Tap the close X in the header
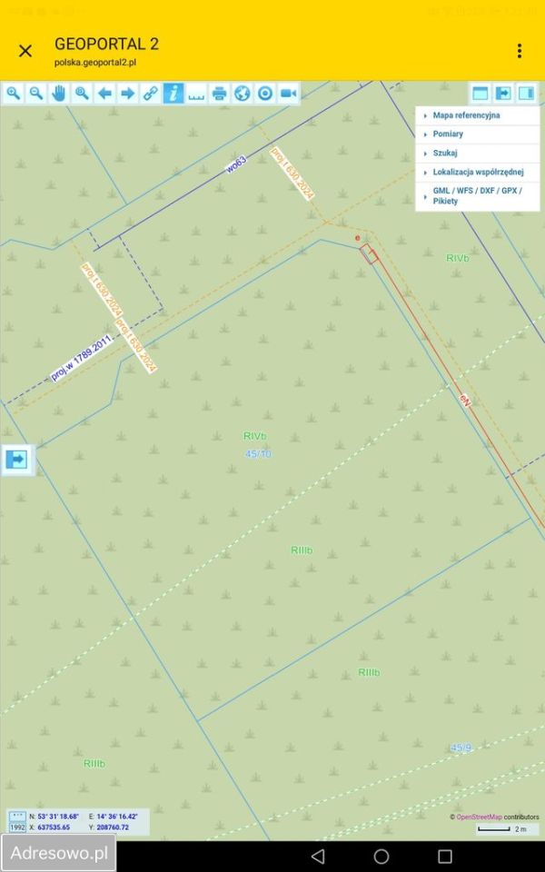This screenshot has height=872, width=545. (x=25, y=51)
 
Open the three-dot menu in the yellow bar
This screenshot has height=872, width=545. (x=520, y=51)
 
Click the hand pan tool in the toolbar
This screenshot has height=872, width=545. (x=59, y=93)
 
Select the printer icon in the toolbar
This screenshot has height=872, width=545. (x=219, y=93)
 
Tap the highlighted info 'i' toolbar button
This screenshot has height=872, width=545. (x=173, y=93)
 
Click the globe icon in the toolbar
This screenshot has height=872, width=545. (x=242, y=93)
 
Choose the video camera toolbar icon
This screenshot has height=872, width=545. (x=288, y=93)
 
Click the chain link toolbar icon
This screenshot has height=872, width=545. (x=151, y=93)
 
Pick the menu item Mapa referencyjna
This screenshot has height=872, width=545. (x=466, y=116)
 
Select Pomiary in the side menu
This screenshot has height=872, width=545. (x=448, y=134)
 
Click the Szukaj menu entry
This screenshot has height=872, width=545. (x=445, y=154)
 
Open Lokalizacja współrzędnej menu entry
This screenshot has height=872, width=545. (x=478, y=172)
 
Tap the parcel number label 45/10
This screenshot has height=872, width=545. (x=258, y=453)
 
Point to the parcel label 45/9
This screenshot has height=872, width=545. (x=461, y=748)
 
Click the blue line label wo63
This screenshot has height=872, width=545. (x=237, y=165)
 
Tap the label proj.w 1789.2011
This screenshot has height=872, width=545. (x=81, y=358)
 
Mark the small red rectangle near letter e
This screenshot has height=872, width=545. (x=369, y=253)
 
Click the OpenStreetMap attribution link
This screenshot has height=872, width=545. (x=479, y=817)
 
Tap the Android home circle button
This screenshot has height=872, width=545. (x=381, y=857)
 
